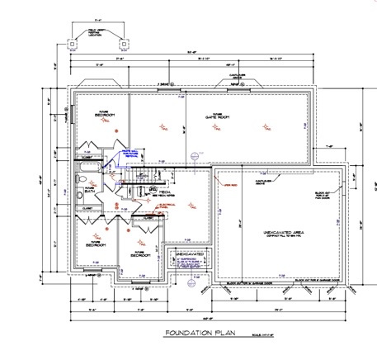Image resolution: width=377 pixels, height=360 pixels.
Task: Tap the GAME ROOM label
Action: coord(216,117)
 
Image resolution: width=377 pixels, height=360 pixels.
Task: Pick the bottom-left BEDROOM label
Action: coord(95,244)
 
